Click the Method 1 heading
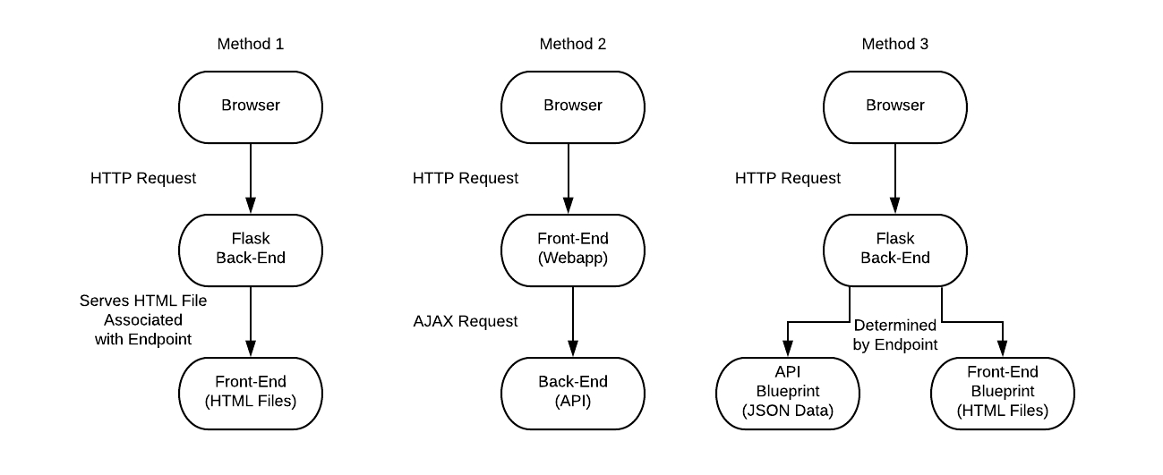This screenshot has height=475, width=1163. (251, 44)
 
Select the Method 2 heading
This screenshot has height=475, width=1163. (573, 44)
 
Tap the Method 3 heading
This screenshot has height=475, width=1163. (895, 44)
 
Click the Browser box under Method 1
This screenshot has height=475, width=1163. (251, 106)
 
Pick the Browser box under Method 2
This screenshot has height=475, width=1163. (573, 106)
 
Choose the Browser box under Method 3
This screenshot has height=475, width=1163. (895, 106)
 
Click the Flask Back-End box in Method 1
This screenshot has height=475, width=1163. (251, 249)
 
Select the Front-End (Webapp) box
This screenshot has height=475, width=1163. (573, 249)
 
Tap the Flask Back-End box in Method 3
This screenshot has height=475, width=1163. (895, 249)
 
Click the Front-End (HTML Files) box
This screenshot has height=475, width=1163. (251, 392)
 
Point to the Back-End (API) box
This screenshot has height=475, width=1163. (573, 392)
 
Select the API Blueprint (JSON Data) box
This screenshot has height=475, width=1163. (788, 392)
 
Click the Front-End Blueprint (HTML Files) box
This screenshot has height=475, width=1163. (1003, 392)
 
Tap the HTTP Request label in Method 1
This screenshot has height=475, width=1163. (143, 178)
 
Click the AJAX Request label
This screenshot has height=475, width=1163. (466, 321)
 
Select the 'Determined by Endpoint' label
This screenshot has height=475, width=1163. (895, 335)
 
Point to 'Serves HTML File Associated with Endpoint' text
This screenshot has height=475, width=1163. (143, 319)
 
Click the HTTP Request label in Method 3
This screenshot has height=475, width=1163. (788, 178)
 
